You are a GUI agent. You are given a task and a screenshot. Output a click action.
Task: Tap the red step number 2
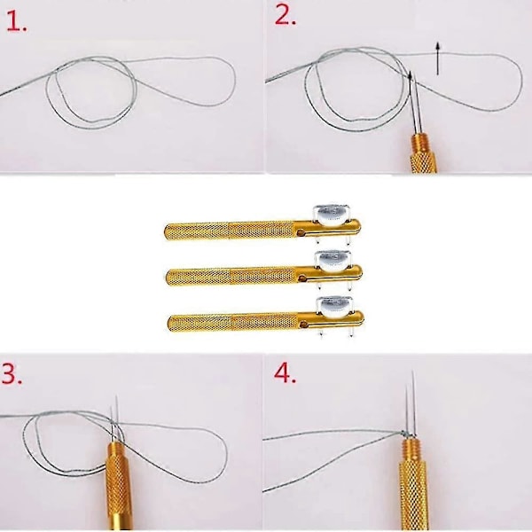tap(285, 16)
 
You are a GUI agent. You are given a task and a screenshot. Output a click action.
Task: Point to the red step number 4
tap(285, 373)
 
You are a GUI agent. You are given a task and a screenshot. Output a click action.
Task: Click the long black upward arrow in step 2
tap(438, 59)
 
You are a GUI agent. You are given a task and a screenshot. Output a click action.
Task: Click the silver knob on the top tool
tap(332, 215)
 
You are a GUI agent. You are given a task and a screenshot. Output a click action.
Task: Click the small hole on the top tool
tap(301, 233)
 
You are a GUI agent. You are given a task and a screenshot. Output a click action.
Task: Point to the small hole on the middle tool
tap(302, 278)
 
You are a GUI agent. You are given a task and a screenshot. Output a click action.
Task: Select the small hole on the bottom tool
tap(304, 325)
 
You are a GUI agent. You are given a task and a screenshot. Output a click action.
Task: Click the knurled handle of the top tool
tap(230, 231)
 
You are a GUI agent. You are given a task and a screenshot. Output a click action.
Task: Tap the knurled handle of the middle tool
tap(232, 277)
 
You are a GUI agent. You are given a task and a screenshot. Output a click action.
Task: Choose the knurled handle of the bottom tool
tap(234, 323)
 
